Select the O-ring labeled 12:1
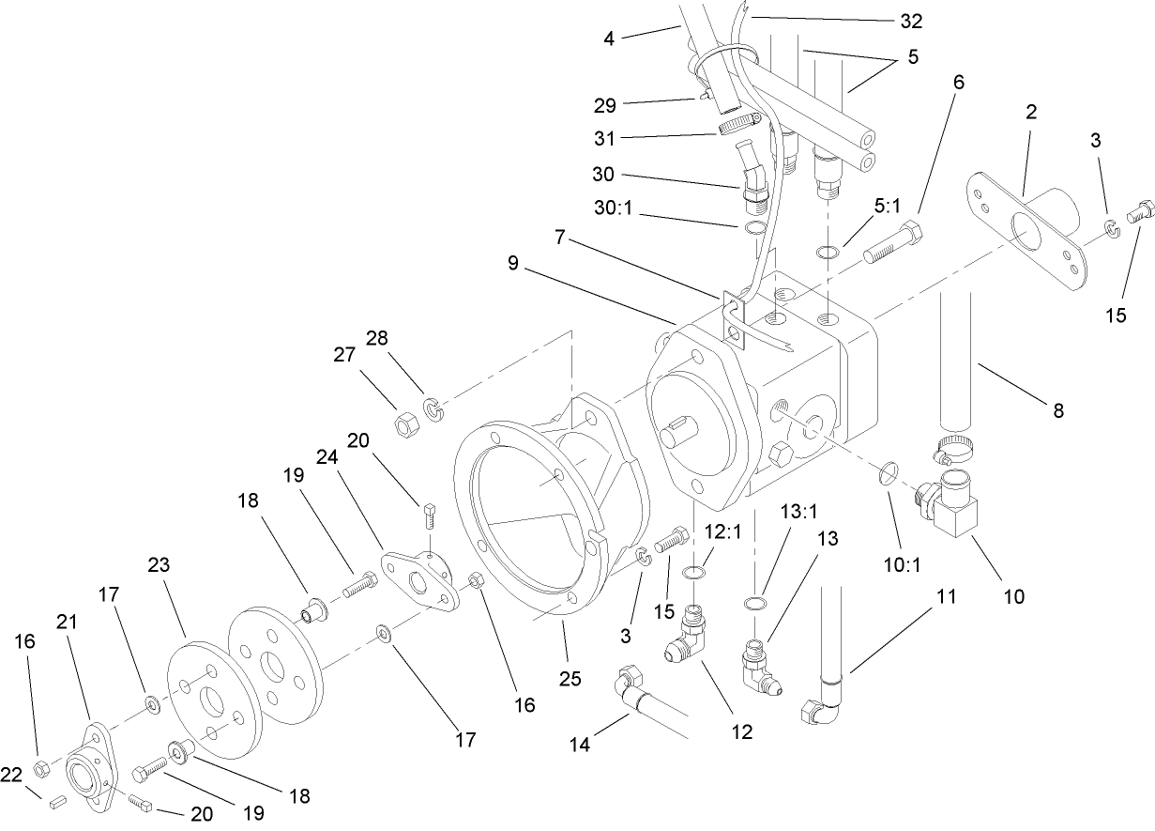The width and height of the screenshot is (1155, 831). [692, 574]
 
